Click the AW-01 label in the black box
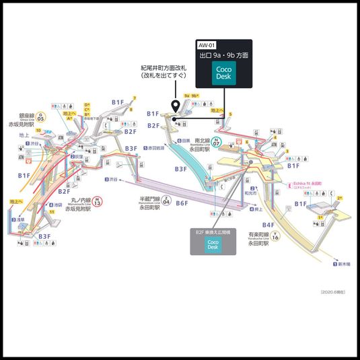point(205,44)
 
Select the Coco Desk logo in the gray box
point(213,244)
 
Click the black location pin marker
point(176,106)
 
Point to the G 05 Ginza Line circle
point(40,119)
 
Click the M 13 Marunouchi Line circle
point(98,201)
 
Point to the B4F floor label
point(268,225)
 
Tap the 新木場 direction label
point(345,264)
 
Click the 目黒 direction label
point(184,141)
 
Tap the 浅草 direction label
point(21,219)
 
